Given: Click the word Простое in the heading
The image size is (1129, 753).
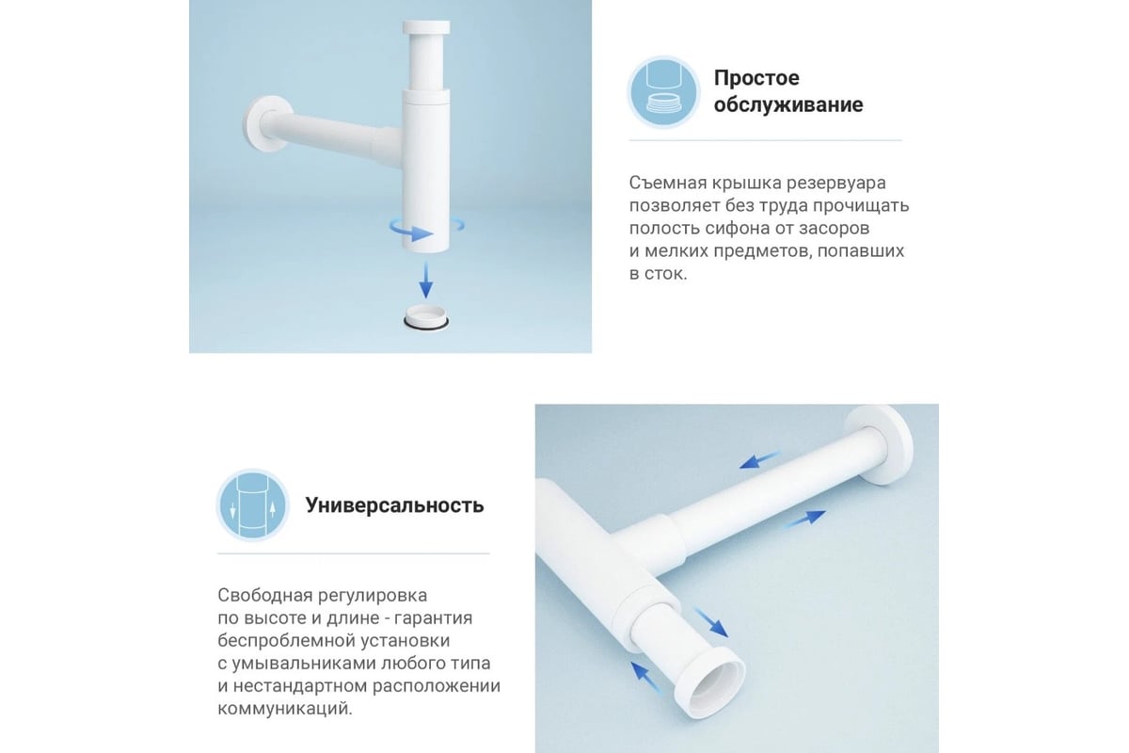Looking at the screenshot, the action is [756, 78].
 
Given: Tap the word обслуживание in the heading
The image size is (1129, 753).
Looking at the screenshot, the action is [788, 104].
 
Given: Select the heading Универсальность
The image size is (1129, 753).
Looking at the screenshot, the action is [394, 505].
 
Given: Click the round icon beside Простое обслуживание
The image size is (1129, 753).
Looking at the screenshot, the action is [663, 92].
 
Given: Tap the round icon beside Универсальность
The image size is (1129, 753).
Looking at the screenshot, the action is [253, 505].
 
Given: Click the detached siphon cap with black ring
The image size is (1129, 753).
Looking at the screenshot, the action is [426, 317].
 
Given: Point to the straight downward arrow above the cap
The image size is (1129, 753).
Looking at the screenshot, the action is [426, 280].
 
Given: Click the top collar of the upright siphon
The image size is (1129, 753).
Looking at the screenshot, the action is [426, 27].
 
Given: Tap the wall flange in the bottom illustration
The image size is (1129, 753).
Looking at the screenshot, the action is [880, 444].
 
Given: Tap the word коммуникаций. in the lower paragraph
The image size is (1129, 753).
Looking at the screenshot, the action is [285, 709].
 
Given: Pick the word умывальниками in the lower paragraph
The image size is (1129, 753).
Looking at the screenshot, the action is [304, 664].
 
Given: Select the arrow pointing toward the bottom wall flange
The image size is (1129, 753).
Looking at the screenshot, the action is [805, 519].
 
